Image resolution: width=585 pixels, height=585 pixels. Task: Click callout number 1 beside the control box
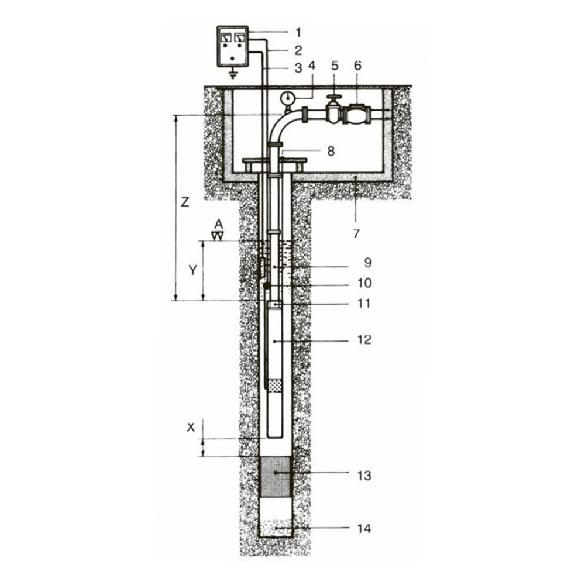pos(298,32)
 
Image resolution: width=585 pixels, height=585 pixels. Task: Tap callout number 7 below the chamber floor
pos(356,233)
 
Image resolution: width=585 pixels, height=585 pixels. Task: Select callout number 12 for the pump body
pos(364,340)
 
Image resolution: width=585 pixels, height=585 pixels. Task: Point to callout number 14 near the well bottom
pos(364,529)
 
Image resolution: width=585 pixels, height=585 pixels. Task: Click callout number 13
pos(364,476)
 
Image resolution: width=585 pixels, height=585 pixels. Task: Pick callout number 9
pos(367,263)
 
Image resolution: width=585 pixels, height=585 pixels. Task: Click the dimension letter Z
pos(185,202)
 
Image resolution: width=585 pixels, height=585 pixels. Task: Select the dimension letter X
pos(191,428)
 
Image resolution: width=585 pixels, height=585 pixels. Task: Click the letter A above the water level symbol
pos(219,224)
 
